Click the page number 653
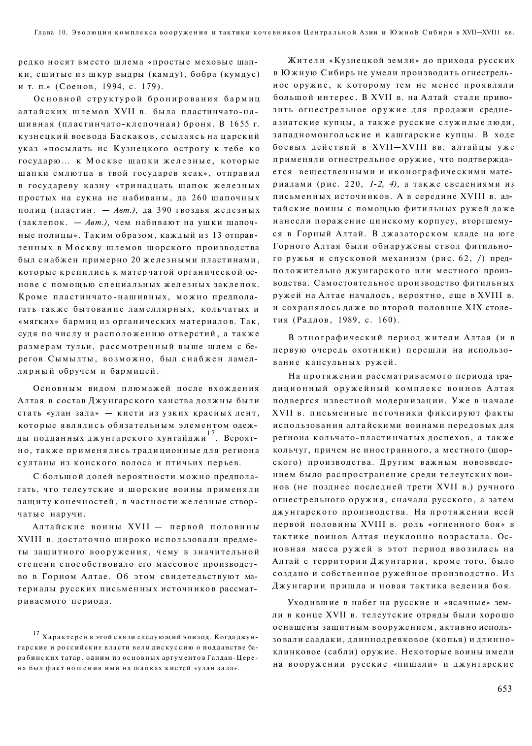tap(505, 689)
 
